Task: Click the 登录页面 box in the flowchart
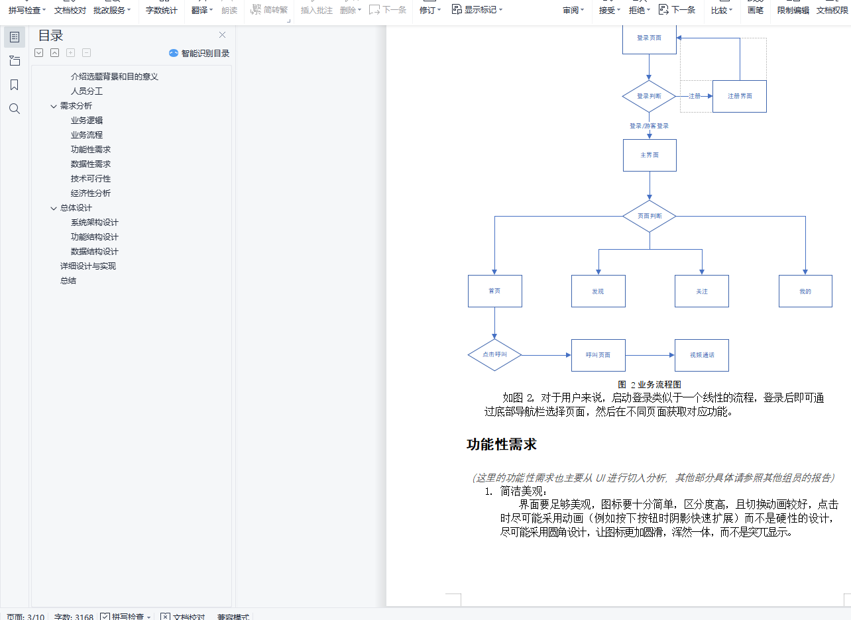click(649, 38)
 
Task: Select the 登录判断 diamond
click(649, 96)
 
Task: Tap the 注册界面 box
click(739, 96)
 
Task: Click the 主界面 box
click(650, 155)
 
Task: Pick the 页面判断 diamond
click(650, 216)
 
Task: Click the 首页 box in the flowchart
click(494, 291)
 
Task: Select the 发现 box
click(598, 291)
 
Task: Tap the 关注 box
click(701, 291)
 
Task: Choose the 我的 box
click(805, 291)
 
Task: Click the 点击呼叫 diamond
click(494, 355)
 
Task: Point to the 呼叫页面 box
click(598, 355)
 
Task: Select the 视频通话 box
click(701, 355)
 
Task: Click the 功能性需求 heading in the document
click(502, 444)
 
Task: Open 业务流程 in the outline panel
click(87, 134)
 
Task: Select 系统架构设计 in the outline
click(95, 222)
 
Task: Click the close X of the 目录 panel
click(222, 35)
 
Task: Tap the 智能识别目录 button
click(199, 53)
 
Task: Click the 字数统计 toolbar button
click(162, 10)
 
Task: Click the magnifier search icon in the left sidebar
click(15, 109)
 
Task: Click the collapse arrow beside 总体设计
click(54, 208)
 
